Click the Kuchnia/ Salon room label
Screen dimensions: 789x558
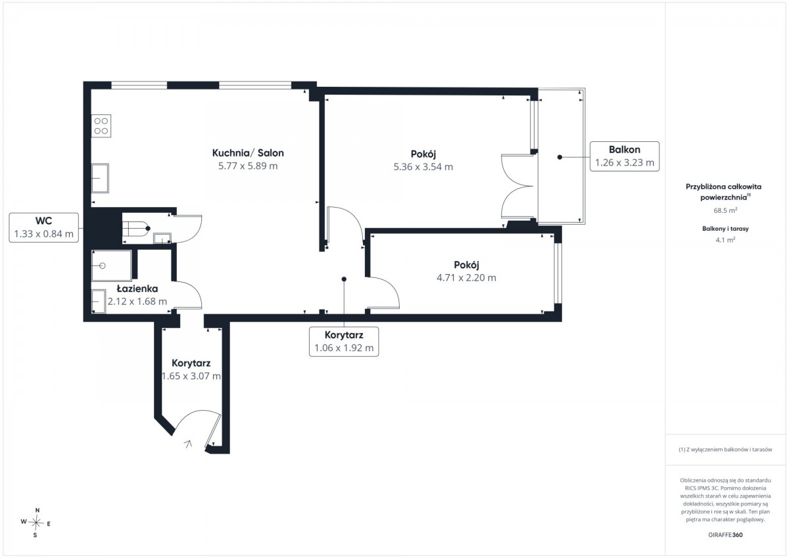248,152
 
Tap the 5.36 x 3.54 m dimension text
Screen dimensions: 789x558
423,166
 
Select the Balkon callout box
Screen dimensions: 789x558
625,156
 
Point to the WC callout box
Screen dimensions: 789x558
43,227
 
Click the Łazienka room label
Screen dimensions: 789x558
137,289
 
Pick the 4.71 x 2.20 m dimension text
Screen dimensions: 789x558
466,278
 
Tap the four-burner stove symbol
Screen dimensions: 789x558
101,126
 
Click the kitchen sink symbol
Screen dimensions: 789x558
100,178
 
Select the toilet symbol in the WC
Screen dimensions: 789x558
135,229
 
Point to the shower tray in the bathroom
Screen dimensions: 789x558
111,266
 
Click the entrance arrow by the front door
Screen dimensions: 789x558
188,444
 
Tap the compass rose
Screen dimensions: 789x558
36,523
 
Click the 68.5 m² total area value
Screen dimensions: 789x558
725,210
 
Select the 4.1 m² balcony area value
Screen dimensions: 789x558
725,240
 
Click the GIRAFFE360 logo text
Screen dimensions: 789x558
725,535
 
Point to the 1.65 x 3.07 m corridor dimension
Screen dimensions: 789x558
191,376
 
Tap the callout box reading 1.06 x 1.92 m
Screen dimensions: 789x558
344,342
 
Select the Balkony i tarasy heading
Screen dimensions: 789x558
725,229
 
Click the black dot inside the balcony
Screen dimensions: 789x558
560,157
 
